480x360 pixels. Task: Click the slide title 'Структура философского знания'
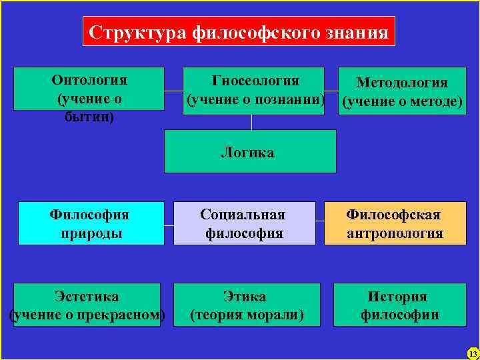click(x=239, y=31)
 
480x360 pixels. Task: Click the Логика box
click(x=250, y=151)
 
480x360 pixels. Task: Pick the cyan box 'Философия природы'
click(x=91, y=223)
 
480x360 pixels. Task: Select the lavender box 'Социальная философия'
click(x=245, y=223)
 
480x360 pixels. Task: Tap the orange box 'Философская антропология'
click(x=395, y=223)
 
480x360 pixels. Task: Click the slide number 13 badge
click(x=473, y=353)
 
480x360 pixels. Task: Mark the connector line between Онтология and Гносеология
click(x=173, y=90)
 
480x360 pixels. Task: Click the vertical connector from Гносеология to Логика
click(x=251, y=122)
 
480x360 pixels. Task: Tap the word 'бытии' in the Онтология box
click(x=89, y=117)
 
